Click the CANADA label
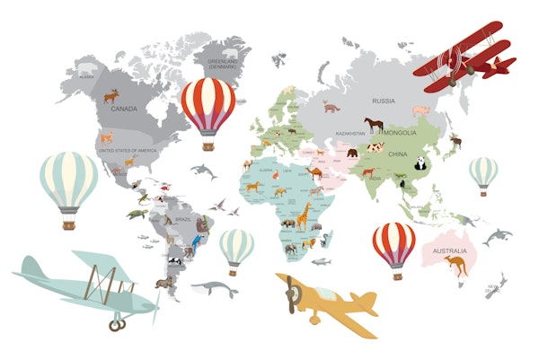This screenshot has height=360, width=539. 123,109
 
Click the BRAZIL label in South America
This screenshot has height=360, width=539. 184,219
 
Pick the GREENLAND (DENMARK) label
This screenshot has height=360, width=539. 222,63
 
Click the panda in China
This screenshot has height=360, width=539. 420,162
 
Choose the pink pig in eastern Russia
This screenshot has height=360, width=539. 421,110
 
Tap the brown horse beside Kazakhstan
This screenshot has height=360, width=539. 373,125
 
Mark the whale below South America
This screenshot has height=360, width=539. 214,289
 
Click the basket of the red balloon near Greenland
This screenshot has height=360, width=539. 208,144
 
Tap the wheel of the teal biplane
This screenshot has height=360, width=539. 115,324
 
